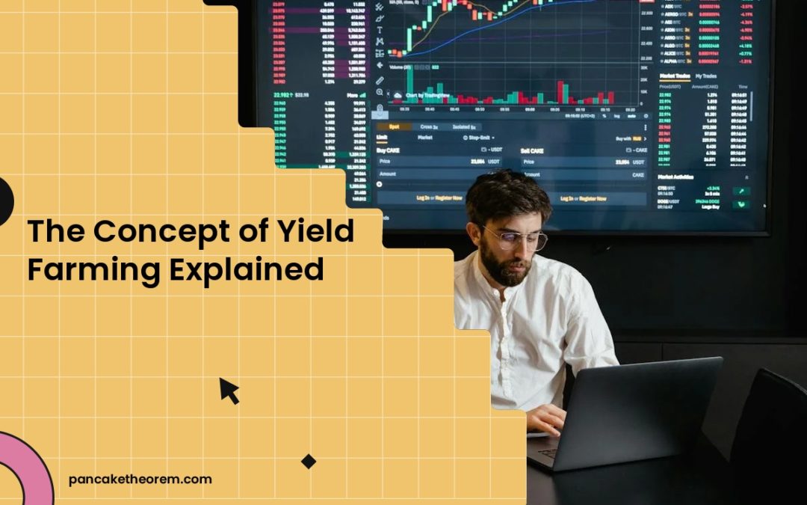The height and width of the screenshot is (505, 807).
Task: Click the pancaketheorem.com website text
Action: coord(140,480)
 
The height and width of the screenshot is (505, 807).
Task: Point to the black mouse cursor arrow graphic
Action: coord(229,391)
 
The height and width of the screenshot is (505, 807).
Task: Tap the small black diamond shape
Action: coord(309,462)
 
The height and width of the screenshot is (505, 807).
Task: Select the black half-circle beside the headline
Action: coord(5,201)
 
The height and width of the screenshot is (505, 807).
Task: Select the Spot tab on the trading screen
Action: coord(394,127)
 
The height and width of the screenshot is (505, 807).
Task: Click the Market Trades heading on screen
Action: coord(675,76)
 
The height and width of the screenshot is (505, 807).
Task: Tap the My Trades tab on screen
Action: coord(706,76)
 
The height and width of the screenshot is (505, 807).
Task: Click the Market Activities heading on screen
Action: coord(676,177)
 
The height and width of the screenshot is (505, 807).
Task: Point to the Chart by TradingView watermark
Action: coord(426,95)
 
